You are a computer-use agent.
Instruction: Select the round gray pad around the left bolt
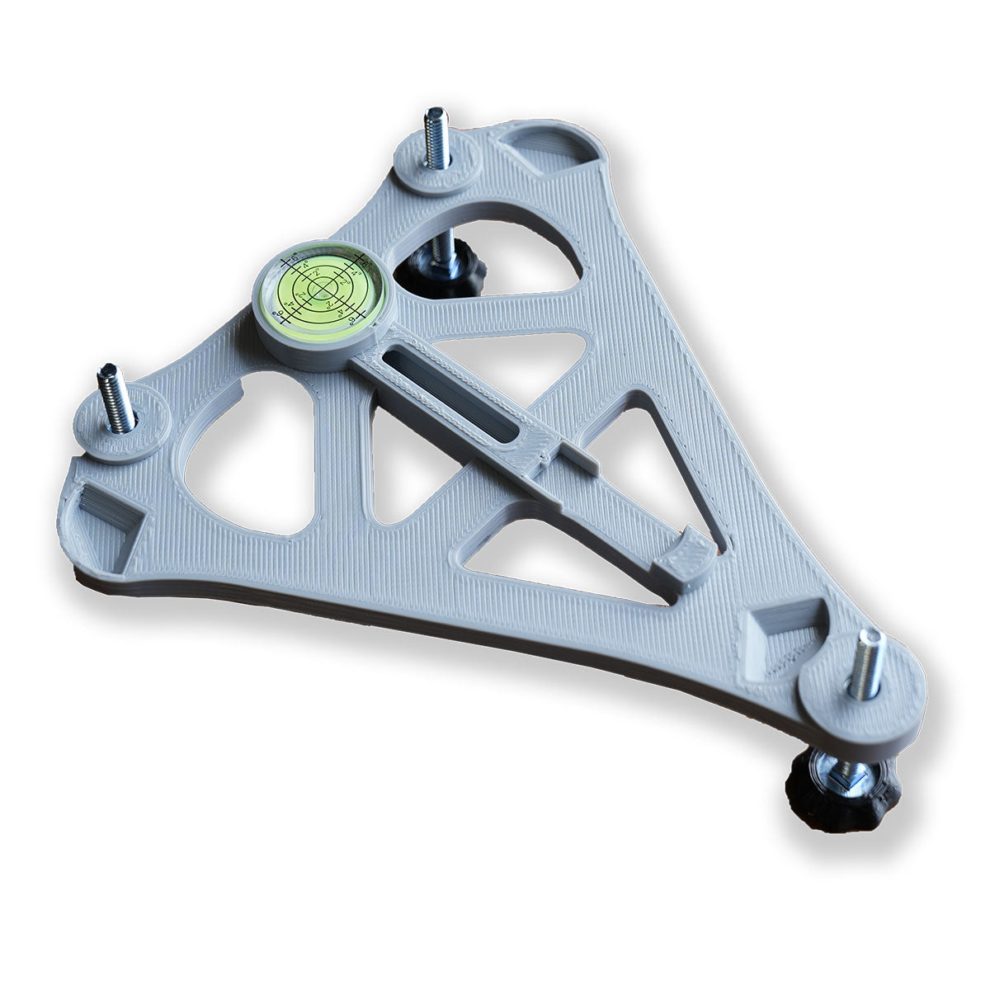click(x=124, y=433)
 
